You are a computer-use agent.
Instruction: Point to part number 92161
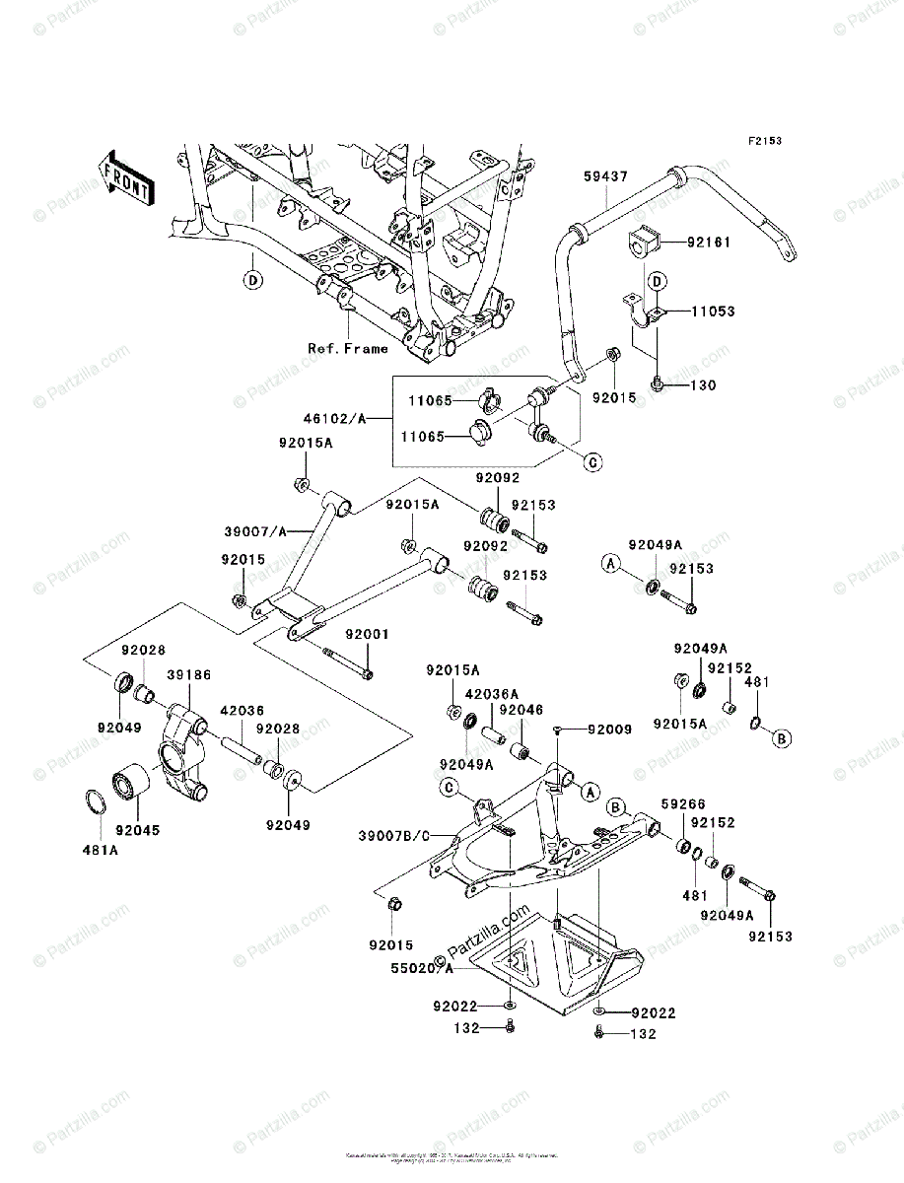point(709,240)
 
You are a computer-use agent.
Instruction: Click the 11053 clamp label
point(712,312)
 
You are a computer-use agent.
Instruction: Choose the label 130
point(703,384)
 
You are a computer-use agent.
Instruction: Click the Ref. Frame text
point(347,348)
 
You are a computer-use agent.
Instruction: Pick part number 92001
point(367,635)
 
